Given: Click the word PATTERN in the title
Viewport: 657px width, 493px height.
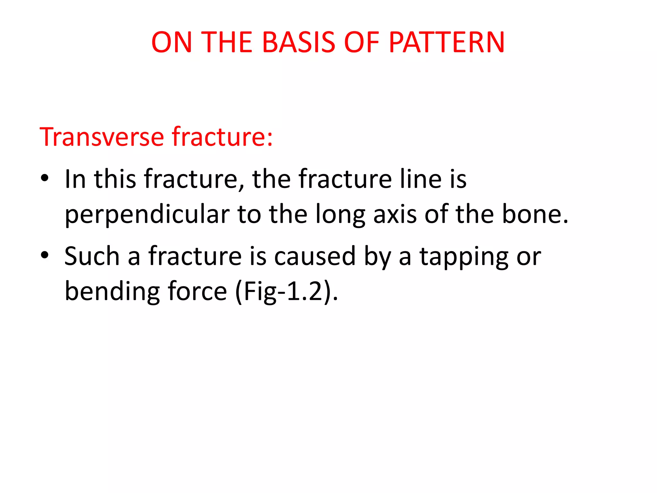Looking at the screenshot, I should point(447,42).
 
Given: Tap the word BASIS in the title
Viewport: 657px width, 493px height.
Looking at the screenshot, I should point(299,42).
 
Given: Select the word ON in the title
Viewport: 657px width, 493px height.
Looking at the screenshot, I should point(171,42).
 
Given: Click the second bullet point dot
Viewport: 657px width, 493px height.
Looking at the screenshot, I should point(45,255).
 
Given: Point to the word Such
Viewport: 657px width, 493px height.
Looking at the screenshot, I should point(92,256).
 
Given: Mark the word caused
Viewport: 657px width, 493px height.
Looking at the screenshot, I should point(315,256).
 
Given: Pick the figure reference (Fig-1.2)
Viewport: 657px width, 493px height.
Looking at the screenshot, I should point(286,291).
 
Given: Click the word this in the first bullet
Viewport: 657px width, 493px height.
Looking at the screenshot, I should point(115,178).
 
